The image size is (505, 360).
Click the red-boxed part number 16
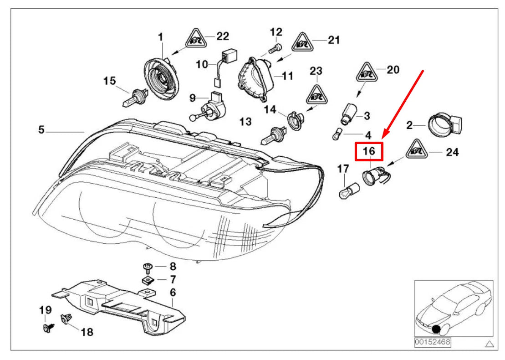[369, 151]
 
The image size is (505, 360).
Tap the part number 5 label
[41, 130]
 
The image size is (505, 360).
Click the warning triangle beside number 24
[416, 150]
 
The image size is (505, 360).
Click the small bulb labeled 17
[347, 190]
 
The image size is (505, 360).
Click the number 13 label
[245, 122]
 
